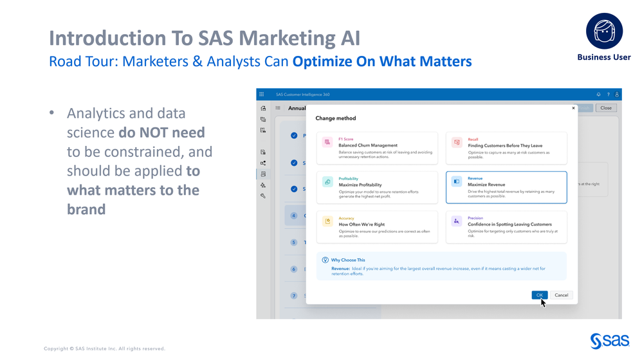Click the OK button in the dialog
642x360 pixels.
click(539, 295)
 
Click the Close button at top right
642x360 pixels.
click(605, 108)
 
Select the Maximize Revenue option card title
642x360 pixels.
click(486, 184)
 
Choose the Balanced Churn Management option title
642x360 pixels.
click(368, 145)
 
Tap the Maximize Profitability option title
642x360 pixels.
click(360, 185)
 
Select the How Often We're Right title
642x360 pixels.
click(362, 224)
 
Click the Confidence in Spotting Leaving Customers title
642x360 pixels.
click(509, 224)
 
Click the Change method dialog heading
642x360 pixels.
click(335, 118)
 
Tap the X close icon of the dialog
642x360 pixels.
click(573, 108)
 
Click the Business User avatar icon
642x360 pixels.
click(604, 31)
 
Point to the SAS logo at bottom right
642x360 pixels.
click(609, 341)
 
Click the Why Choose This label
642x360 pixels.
click(348, 260)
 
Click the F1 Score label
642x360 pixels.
click(346, 139)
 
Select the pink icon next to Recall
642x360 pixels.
click(456, 143)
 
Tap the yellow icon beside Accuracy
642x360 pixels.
click(327, 221)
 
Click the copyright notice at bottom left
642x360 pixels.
click(104, 348)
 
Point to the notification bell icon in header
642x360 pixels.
click(598, 94)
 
